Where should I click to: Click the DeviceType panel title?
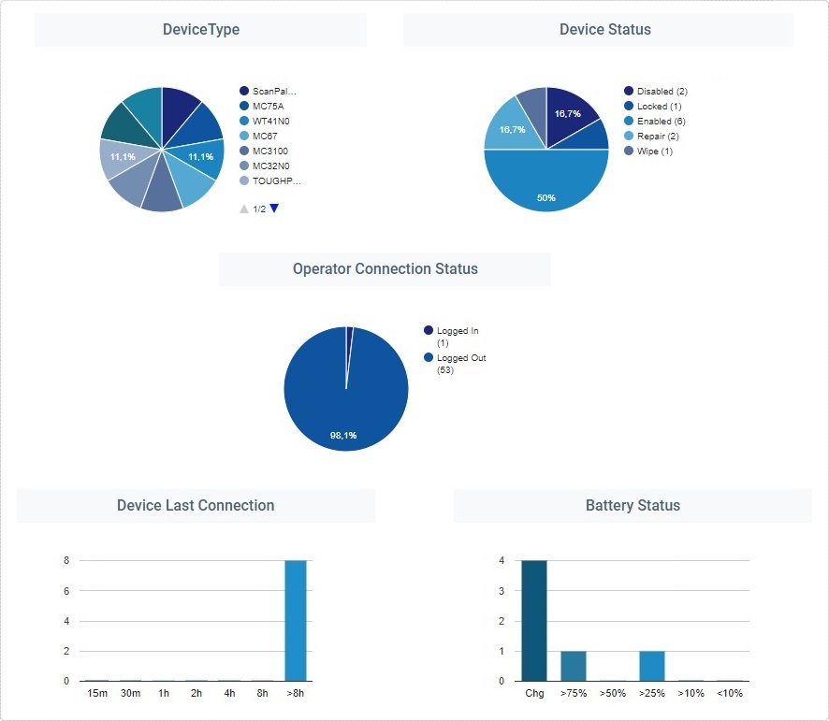(200, 30)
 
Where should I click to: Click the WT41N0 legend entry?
(269, 122)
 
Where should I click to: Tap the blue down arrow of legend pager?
(274, 209)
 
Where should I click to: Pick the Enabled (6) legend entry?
(661, 122)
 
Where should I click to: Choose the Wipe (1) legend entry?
(654, 151)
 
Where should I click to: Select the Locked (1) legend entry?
(659, 107)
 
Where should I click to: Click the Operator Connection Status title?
(385, 269)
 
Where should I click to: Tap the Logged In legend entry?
(457, 331)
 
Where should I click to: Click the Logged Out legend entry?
(460, 358)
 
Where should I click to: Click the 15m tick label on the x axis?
(97, 693)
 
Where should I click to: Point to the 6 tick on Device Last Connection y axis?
(66, 591)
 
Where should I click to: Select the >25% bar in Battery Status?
(652, 665)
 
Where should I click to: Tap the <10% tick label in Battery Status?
(730, 693)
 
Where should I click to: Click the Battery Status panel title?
(633, 506)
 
